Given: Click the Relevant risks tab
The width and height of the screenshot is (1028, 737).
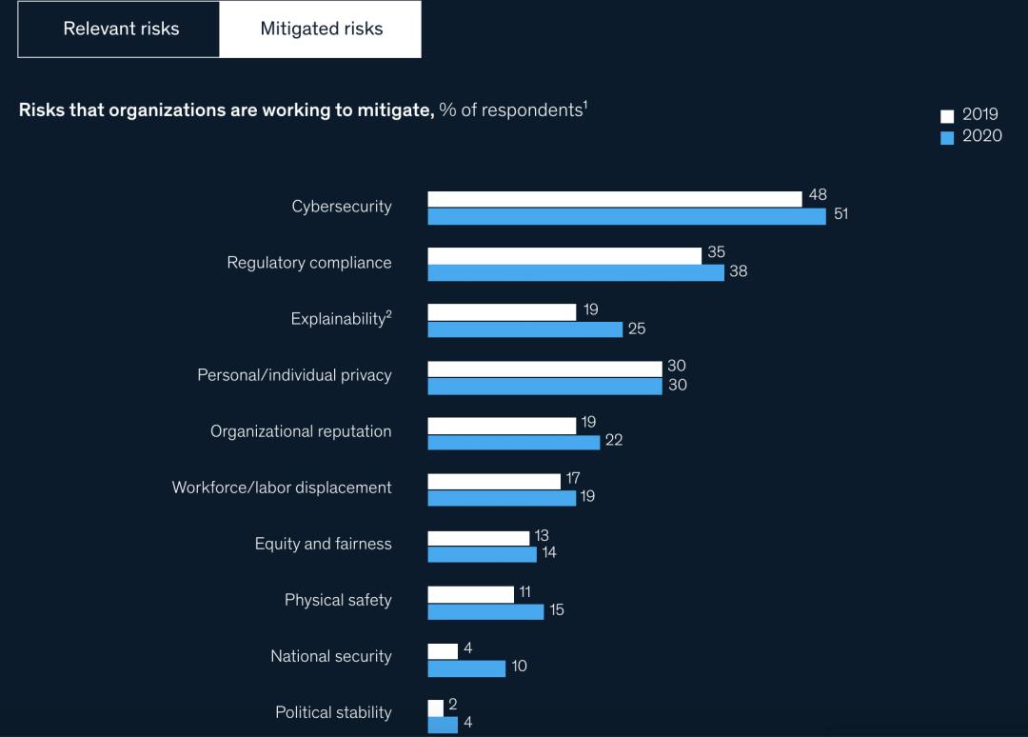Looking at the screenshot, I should [121, 29].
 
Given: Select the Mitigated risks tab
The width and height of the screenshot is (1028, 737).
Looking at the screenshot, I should [321, 29].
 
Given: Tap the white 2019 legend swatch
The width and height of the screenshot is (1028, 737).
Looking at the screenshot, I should [947, 116].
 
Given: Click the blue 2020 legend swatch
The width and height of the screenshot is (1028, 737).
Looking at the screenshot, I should [947, 137].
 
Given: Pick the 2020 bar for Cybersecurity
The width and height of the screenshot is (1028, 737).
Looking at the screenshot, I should [626, 216].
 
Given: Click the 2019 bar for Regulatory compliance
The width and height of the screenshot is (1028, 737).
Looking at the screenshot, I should [564, 255].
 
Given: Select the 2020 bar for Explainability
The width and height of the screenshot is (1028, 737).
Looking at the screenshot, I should [524, 329].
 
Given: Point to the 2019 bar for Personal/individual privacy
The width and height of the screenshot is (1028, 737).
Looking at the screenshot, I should [544, 368].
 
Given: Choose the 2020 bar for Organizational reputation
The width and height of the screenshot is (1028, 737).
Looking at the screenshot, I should [513, 442].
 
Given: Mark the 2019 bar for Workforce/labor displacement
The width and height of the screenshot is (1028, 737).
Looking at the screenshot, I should [494, 481].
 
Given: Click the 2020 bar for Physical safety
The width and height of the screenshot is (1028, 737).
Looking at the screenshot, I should [485, 611].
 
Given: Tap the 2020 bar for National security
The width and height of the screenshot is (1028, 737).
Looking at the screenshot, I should [466, 667].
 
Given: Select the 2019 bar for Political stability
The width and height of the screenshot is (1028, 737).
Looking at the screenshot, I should [435, 707].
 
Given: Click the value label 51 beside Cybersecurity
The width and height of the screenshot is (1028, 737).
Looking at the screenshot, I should [840, 214].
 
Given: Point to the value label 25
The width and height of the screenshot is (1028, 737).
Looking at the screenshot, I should [637, 329].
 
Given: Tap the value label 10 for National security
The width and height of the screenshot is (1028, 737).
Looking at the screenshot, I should [519, 667].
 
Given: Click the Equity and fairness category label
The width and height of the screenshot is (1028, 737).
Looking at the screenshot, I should [323, 544].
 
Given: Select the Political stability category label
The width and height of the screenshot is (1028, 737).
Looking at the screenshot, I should [333, 712].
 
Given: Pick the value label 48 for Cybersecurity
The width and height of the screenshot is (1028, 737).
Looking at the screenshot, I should [818, 195].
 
